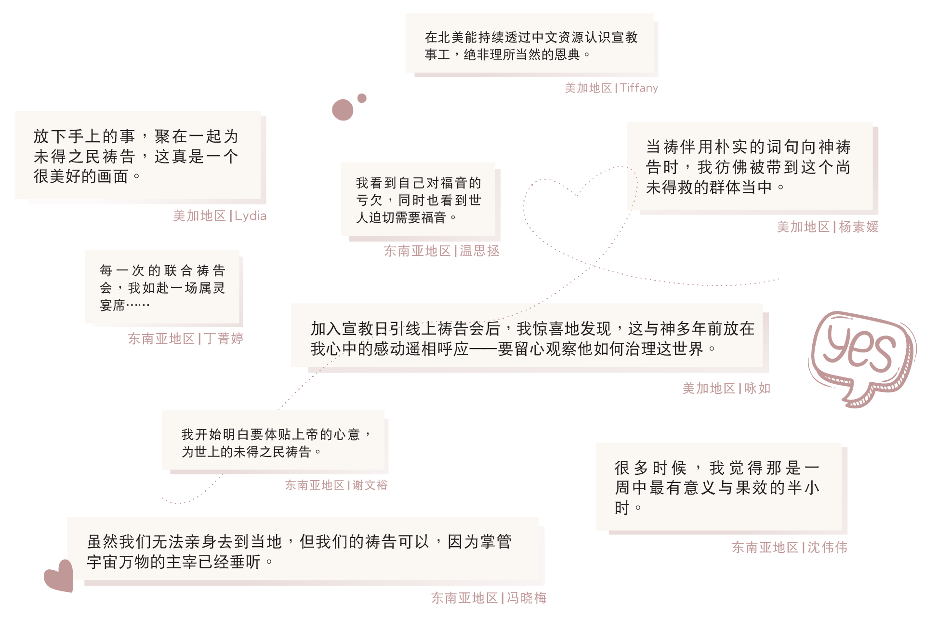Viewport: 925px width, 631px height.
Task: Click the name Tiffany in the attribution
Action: pos(639,88)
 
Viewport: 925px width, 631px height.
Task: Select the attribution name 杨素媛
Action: pos(859,227)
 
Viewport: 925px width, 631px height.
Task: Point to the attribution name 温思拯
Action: pos(479,251)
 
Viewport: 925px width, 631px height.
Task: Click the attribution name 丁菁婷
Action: pos(224,338)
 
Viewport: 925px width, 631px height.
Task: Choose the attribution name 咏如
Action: pos(757,388)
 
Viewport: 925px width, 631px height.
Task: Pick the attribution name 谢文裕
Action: pos(370,485)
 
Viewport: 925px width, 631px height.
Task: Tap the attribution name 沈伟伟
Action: pos(827,547)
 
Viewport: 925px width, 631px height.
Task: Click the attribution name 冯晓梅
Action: pos(527,598)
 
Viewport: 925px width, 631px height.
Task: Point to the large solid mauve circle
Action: pos(343,110)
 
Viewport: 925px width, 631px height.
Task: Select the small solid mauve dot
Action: pos(362,98)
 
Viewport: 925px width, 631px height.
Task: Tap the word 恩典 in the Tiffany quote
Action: pos(568,54)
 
